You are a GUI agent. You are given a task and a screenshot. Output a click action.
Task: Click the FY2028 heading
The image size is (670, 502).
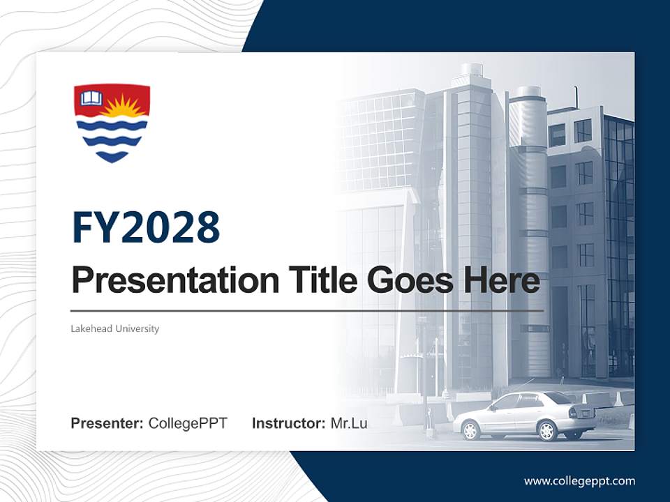pyautogui.click(x=146, y=228)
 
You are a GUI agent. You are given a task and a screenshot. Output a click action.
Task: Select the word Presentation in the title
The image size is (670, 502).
pyautogui.click(x=165, y=281)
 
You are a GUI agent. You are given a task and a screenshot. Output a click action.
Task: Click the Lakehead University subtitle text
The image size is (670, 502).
pyautogui.click(x=115, y=328)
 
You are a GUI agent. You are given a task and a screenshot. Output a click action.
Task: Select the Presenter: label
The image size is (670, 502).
pyautogui.click(x=107, y=423)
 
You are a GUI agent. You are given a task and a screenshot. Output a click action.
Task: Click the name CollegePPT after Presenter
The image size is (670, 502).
pyautogui.click(x=188, y=423)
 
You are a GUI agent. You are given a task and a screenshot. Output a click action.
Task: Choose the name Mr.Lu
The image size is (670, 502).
pyautogui.click(x=348, y=423)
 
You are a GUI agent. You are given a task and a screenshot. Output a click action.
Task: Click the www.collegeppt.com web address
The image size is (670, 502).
pyautogui.click(x=579, y=480)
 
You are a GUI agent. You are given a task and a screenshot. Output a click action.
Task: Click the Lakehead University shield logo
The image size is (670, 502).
pyautogui.click(x=112, y=123)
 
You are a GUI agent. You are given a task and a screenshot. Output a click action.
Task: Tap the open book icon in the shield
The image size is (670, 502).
pyautogui.click(x=91, y=98)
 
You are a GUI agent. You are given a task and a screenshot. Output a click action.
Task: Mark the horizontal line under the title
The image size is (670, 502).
pyautogui.click(x=307, y=311)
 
